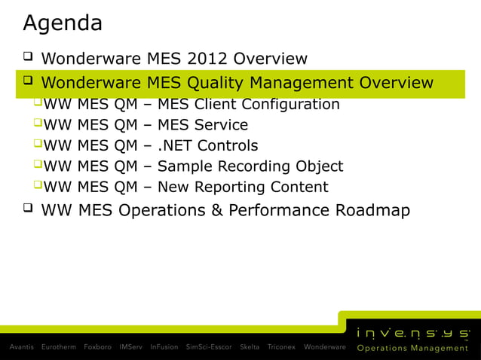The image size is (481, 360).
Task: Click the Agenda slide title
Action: pos(63,23)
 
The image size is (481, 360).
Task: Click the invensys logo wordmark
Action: pos(413,331)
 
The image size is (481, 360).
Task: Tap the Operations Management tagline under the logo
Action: pos(412,348)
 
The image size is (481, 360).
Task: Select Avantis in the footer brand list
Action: pos(21,347)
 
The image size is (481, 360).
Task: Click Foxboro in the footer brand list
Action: pos(98,347)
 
